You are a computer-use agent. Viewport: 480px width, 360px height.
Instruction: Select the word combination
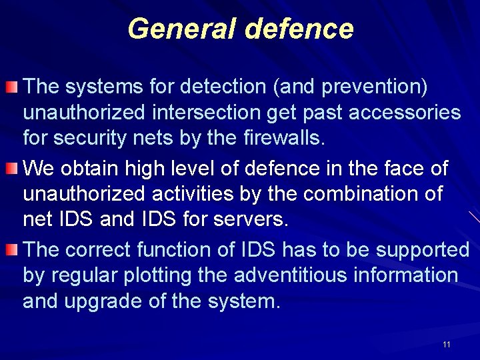click(x=357, y=194)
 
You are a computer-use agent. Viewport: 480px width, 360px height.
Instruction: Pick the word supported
click(x=423, y=250)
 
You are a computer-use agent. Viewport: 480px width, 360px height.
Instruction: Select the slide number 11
click(x=446, y=344)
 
